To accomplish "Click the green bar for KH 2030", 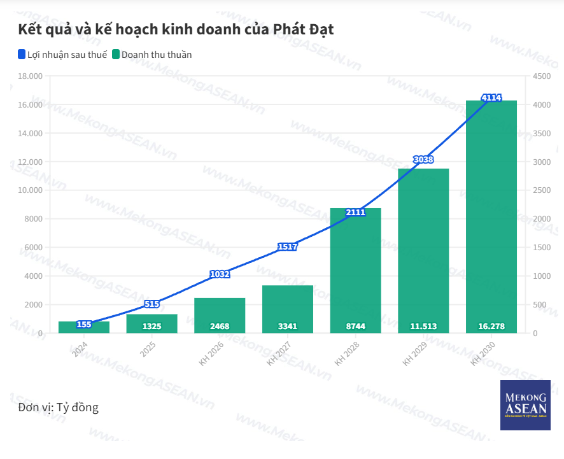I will (491, 216).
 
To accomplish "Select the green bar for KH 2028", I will (355, 271).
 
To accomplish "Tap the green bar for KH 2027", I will (288, 309).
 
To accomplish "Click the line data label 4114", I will (491, 97).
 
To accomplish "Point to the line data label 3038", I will (423, 159).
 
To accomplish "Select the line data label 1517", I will (288, 246).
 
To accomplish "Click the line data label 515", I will (152, 304).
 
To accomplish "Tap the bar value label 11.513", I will (423, 327).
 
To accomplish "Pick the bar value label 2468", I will (220, 327).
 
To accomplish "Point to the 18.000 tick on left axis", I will (30, 76).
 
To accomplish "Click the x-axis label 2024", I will (80, 350).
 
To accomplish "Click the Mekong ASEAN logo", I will (525, 405).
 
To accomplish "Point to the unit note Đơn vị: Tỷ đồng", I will (59, 407).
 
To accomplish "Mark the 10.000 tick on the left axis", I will (30, 190).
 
